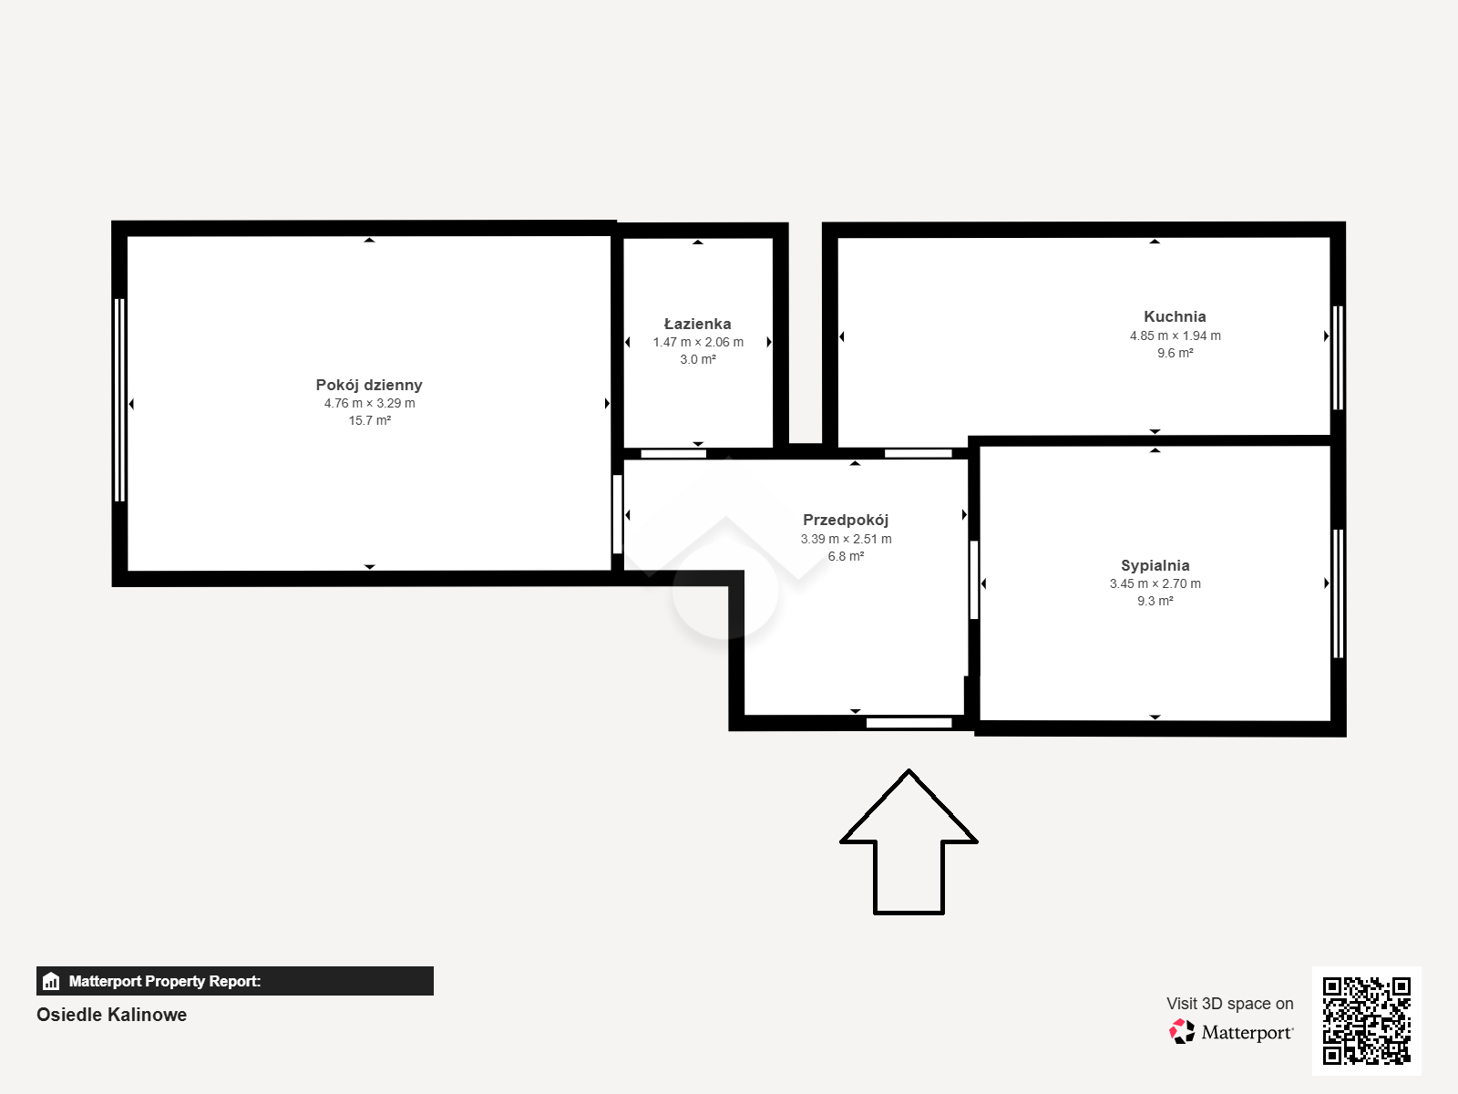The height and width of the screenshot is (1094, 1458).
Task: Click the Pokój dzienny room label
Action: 369,385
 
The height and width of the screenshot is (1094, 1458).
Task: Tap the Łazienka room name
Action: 697,324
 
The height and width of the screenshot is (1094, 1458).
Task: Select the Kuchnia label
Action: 1175,317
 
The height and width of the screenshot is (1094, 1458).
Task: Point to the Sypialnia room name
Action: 1155,565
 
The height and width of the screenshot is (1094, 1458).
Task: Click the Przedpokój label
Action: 846,520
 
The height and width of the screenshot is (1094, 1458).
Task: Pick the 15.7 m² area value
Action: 369,420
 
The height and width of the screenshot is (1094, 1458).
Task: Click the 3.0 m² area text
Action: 697,359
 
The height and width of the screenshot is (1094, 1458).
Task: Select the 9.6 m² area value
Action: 1175,353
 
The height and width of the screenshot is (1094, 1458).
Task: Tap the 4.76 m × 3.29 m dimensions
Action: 369,403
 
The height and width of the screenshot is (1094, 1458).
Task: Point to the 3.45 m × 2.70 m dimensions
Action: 1155,583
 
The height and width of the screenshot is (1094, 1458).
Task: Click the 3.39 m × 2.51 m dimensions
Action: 846,539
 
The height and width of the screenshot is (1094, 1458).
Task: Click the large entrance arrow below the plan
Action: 909,842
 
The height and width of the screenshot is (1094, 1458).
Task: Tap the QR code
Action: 1366,1021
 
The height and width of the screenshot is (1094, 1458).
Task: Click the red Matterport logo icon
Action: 1182,1032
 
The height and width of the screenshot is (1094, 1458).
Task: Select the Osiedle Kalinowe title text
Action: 111,1015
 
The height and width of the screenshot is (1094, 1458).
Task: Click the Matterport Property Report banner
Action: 234,981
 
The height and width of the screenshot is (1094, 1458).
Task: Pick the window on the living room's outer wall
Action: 119,400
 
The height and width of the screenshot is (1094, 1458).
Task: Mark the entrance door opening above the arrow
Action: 909,723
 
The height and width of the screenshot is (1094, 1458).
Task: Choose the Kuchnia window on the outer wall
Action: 1338,357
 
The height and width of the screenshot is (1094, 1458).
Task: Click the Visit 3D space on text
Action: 1229,1004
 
